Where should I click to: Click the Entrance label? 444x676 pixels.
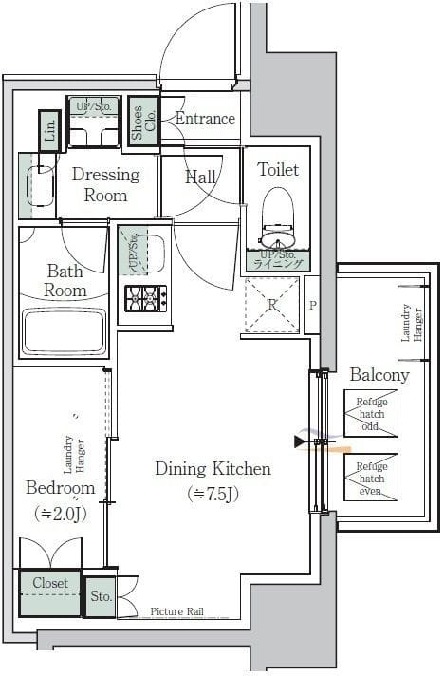click(205, 119)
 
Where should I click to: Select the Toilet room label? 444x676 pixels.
click(278, 170)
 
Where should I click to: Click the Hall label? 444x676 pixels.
click(200, 178)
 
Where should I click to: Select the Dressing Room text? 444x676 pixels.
click(105, 184)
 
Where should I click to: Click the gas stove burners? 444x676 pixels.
click(145, 297)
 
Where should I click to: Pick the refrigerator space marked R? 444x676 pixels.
click(271, 305)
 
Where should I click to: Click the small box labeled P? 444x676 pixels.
click(312, 305)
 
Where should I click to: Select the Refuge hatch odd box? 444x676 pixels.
click(371, 414)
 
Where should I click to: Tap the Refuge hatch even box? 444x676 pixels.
click(371, 479)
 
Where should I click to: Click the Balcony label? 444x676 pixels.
click(379, 375)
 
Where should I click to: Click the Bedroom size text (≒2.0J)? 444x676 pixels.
click(60, 515)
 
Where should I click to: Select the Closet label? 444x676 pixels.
click(48, 582)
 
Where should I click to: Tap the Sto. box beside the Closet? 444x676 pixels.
click(101, 596)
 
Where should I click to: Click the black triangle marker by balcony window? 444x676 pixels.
click(302, 441)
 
